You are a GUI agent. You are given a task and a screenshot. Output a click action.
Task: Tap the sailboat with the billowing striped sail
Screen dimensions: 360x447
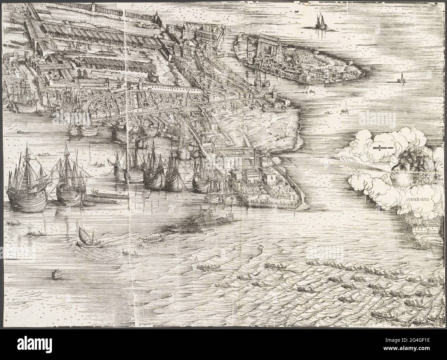pyautogui.click(x=85, y=237)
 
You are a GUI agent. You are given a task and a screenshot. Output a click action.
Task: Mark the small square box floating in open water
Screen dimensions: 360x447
pyautogui.click(x=55, y=274)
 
